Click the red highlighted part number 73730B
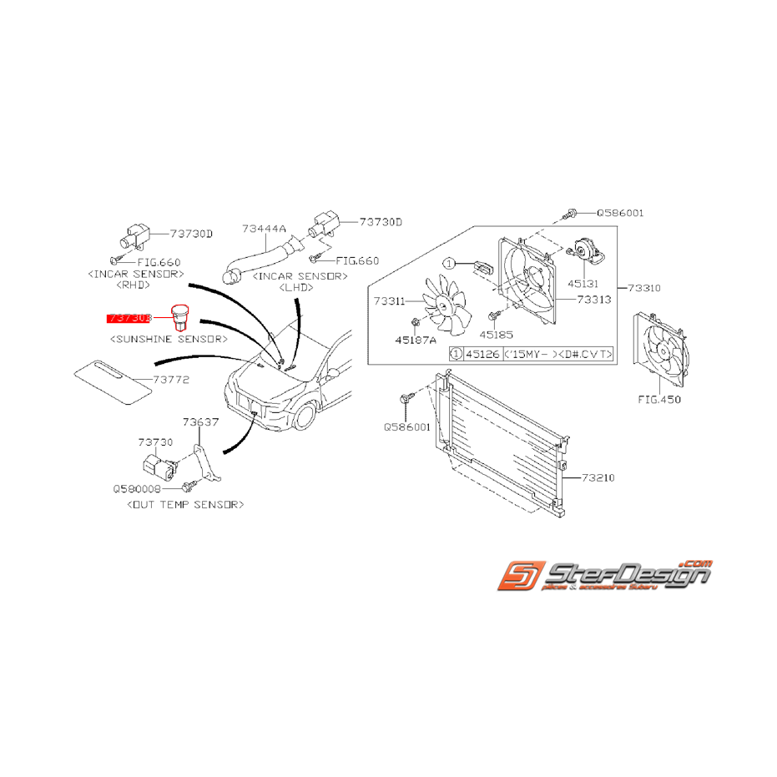128,318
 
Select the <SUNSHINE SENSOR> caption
169,340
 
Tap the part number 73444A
265,228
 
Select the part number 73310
644,288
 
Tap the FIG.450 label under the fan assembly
659,400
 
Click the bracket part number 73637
201,422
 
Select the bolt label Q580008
137,489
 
